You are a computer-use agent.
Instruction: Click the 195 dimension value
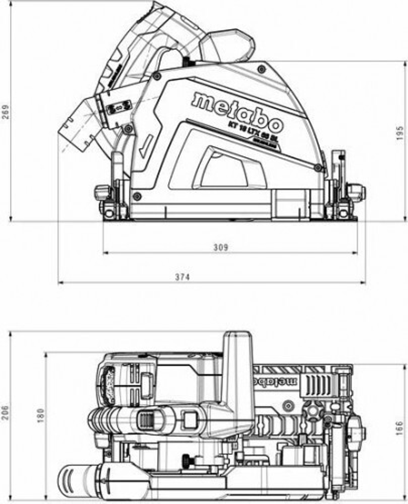(x=400, y=133)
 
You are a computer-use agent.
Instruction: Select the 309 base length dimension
(x=221, y=247)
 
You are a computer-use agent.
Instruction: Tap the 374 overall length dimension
(x=182, y=277)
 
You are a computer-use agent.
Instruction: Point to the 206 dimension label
(x=5, y=413)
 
